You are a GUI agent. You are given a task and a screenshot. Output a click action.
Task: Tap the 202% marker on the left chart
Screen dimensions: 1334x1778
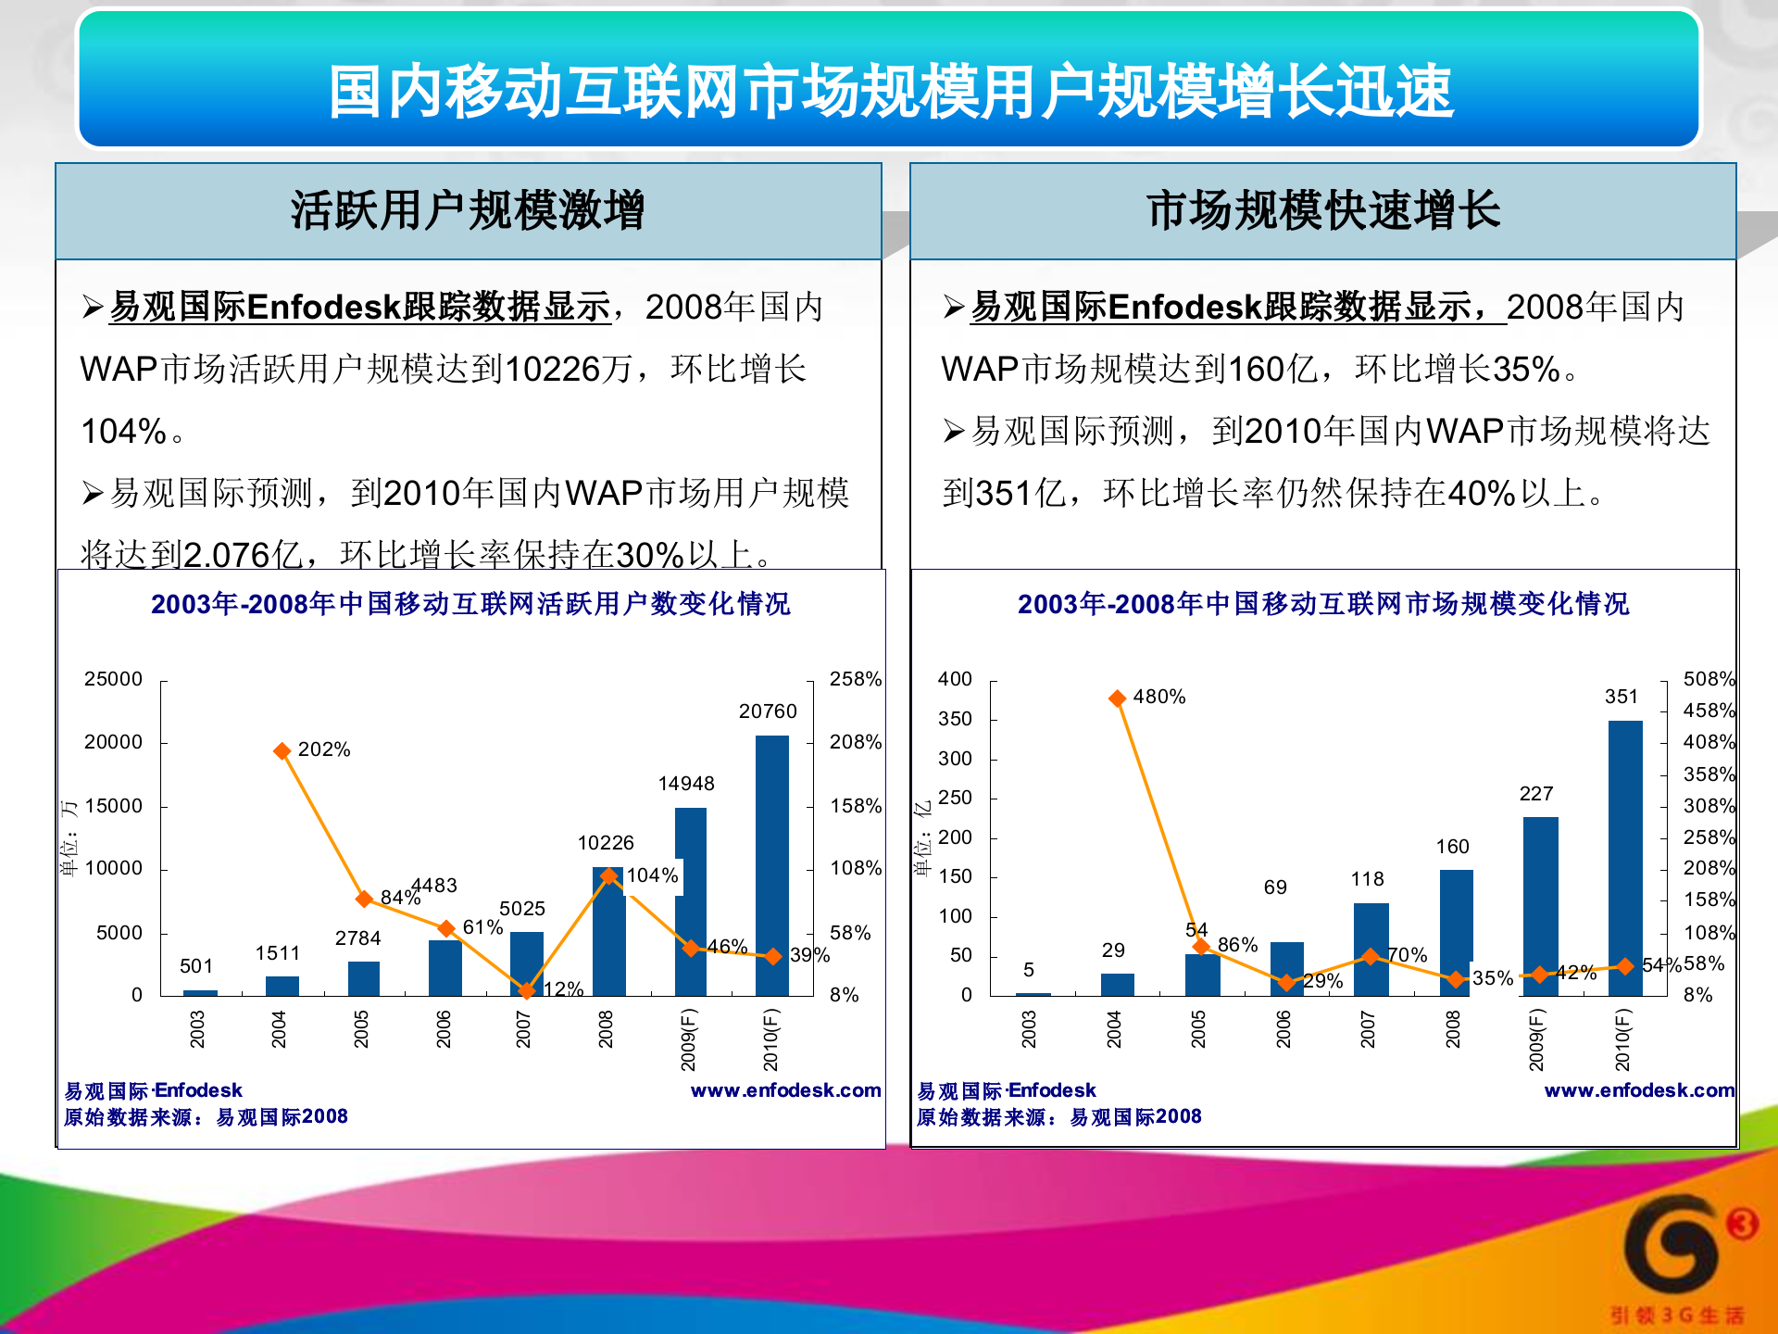[282, 751]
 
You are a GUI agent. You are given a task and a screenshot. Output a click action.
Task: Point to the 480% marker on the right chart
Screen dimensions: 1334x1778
[1118, 698]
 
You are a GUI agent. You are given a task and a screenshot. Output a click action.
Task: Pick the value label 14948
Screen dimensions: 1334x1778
[686, 784]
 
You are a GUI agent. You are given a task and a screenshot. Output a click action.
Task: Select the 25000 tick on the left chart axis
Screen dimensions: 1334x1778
[113, 679]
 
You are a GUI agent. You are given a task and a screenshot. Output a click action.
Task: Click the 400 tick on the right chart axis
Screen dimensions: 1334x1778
[955, 679]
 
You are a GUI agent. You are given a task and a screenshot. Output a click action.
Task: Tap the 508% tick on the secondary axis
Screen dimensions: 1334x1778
[1709, 679]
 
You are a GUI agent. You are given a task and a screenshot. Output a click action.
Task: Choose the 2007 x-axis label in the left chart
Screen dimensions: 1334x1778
[524, 1029]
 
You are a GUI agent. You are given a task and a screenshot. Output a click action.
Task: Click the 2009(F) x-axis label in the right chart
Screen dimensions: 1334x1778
[1536, 1039]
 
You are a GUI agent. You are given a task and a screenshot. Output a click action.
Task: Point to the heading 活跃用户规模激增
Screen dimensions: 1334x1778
[468, 210]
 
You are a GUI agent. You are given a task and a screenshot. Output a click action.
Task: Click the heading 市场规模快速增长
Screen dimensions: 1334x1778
[1322, 210]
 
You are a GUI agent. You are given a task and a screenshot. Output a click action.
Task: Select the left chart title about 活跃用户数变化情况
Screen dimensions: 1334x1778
[470, 604]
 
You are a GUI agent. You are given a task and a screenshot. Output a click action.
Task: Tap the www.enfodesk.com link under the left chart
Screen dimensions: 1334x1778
[785, 1090]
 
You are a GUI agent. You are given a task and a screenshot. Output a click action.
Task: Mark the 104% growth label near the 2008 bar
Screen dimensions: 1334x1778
[653, 875]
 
